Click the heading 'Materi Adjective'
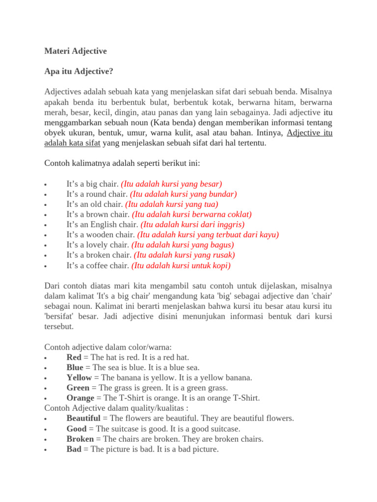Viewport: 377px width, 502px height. pos(75,51)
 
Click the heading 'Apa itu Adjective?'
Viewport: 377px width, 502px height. pos(79,72)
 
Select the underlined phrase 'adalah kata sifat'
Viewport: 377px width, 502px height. pos(73,143)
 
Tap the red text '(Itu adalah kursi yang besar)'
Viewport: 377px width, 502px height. pos(171,184)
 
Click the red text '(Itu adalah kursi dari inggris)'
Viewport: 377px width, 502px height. pos(192,225)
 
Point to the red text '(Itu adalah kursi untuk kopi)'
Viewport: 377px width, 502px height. pos(181,266)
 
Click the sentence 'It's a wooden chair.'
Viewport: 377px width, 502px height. pos(101,235)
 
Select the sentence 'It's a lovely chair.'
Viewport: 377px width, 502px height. pos(98,245)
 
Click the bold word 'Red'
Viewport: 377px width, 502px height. pos(74,357)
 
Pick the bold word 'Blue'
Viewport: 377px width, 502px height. pos(75,368)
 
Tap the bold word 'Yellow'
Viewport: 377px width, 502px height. pos(79,378)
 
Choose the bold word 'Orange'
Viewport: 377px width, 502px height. pos(81,398)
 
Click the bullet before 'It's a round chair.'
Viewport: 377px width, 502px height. pos(45,195)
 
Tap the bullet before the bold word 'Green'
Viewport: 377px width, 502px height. pos(45,388)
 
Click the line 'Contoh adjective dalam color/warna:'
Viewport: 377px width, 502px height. pos(108,347)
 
